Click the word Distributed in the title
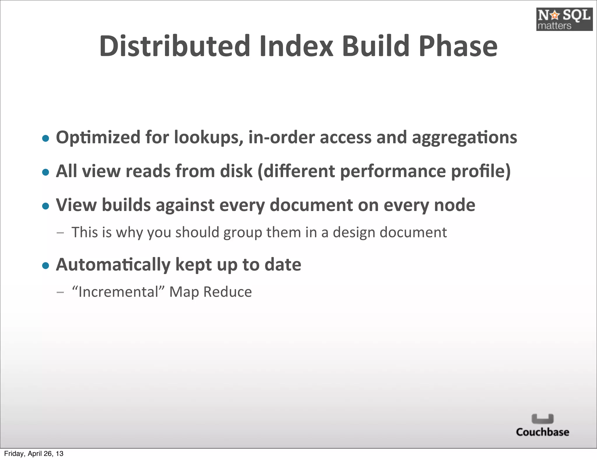click(175, 46)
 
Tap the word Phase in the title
click(458, 46)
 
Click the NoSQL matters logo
click(564, 19)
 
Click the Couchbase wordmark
click(542, 432)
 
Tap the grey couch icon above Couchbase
click(542, 419)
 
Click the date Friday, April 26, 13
click(34, 454)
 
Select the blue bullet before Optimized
click(45, 138)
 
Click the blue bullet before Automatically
click(45, 265)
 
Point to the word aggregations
click(464, 138)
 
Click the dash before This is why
click(60, 233)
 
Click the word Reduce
click(227, 292)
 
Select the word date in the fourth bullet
click(282, 265)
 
